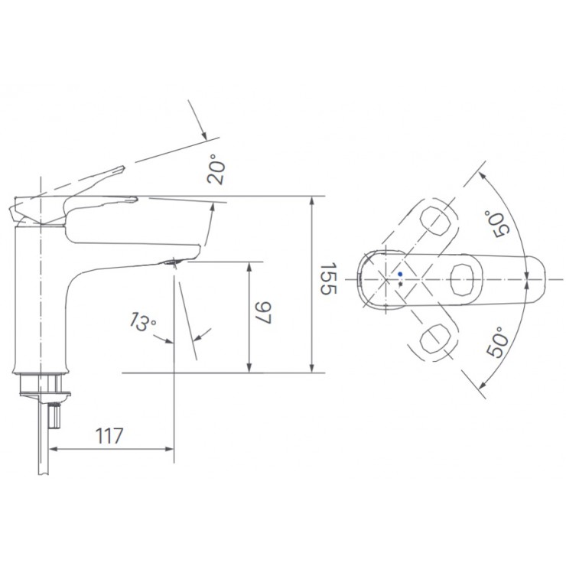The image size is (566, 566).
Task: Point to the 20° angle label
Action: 217,170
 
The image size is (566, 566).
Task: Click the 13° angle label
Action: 142,322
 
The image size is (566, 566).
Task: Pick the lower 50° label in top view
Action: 498,341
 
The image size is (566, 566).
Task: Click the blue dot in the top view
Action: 399,274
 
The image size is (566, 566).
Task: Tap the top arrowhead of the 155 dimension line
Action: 312,201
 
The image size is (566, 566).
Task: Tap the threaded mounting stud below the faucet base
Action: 56,415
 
